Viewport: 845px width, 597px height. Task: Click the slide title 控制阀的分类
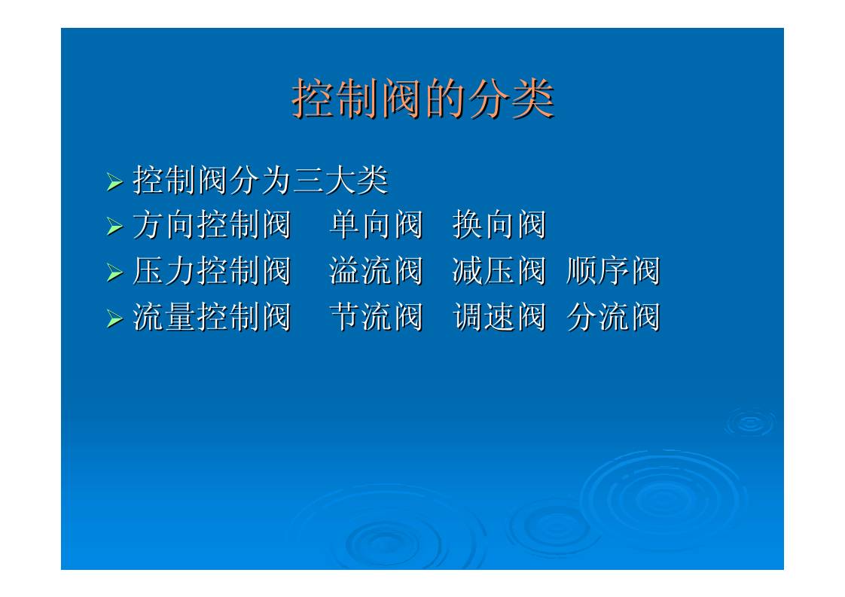click(422, 99)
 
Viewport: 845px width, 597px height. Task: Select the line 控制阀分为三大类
click(260, 180)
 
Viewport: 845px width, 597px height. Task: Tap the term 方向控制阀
click(212, 225)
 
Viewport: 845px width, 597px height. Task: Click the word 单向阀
click(376, 225)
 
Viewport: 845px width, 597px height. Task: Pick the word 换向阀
click(499, 225)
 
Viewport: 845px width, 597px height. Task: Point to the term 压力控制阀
click(212, 271)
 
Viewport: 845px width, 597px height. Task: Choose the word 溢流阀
click(376, 271)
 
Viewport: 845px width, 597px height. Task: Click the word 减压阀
click(499, 271)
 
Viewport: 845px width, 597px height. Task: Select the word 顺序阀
click(612, 271)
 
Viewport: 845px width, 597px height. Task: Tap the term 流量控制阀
click(212, 317)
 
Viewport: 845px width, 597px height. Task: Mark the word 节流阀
click(376, 317)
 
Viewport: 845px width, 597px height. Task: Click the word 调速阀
click(499, 317)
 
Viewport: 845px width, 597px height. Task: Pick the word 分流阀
click(612, 317)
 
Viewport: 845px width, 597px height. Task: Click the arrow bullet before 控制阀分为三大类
click(114, 181)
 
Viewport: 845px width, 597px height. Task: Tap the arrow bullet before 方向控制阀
click(114, 227)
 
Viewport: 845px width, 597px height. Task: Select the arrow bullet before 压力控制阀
click(114, 273)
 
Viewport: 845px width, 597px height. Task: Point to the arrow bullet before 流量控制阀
click(114, 318)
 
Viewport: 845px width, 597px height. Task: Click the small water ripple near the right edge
click(749, 423)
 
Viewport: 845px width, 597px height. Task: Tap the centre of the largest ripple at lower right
click(663, 498)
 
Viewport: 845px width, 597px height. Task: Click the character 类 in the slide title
click(532, 99)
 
